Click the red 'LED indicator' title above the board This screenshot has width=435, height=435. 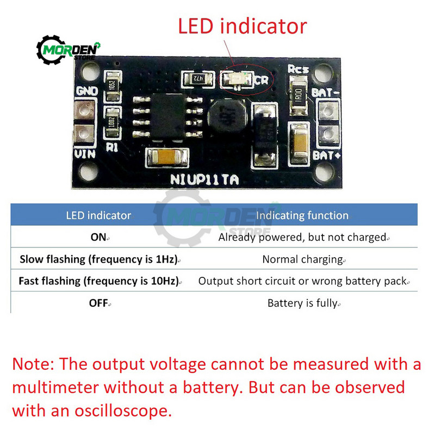pyautogui.click(x=243, y=26)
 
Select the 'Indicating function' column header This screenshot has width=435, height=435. pyautogui.click(x=302, y=215)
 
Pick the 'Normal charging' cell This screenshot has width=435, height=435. pyautogui.click(x=302, y=259)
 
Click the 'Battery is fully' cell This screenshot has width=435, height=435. pyautogui.click(x=302, y=303)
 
